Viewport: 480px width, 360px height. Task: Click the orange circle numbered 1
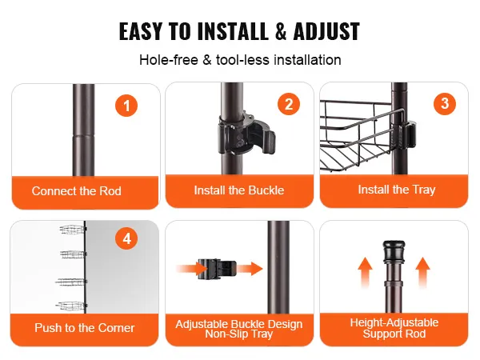click(126, 106)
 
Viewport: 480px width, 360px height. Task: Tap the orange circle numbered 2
click(289, 104)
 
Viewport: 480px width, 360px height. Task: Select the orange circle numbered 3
click(445, 103)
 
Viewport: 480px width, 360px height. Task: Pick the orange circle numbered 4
click(126, 238)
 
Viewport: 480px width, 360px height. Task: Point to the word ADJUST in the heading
click(326, 31)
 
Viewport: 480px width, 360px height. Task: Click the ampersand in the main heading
click(281, 31)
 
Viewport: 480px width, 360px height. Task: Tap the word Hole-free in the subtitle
click(169, 60)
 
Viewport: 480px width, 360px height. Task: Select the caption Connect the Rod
click(77, 191)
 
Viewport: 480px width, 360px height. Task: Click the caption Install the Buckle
click(239, 190)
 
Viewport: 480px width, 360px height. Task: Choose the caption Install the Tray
click(397, 190)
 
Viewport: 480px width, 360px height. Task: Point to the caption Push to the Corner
click(85, 328)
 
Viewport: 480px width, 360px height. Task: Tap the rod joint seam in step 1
click(83, 135)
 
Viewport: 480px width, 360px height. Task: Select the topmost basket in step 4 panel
click(73, 230)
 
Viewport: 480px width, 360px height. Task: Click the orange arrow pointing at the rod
click(250, 269)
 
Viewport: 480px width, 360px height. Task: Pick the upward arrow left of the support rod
click(366, 272)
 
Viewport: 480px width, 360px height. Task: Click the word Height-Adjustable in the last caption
click(394, 322)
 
